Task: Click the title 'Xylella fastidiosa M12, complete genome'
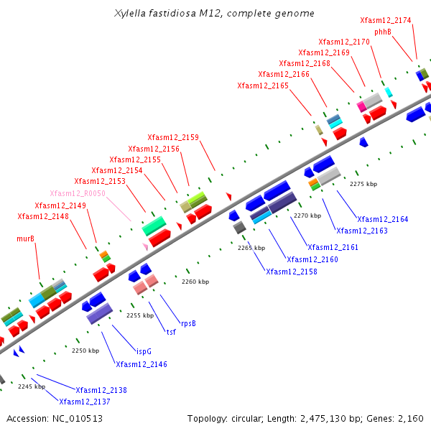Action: click(214, 14)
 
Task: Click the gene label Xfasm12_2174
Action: click(385, 21)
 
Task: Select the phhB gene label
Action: click(382, 32)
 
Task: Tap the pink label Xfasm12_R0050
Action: click(78, 194)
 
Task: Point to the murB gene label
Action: click(26, 238)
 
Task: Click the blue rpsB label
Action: click(188, 323)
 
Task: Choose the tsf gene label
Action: click(171, 332)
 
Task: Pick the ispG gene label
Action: click(144, 351)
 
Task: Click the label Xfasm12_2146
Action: click(142, 365)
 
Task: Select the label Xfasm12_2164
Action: click(382, 219)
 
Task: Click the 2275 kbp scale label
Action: click(363, 184)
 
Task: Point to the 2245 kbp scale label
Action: click(31, 386)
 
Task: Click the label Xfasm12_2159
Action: click(173, 137)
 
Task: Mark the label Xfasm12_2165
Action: click(263, 86)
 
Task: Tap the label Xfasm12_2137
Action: click(85, 402)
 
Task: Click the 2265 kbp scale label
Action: click(251, 248)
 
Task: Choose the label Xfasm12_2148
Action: click(43, 216)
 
